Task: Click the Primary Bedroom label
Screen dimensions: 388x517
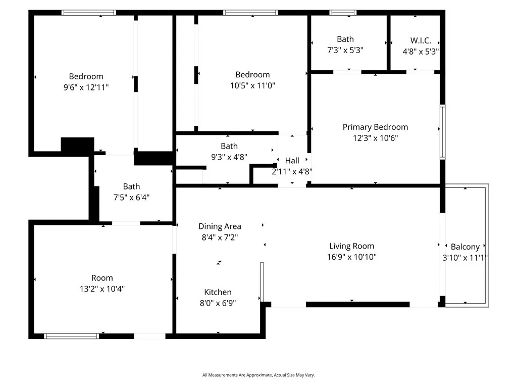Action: click(375, 127)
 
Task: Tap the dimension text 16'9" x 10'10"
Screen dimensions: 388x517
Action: click(351, 257)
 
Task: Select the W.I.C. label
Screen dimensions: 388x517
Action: click(420, 40)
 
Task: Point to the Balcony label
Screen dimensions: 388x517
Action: click(465, 247)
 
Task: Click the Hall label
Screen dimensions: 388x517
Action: click(292, 161)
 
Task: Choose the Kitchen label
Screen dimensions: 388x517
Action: click(218, 292)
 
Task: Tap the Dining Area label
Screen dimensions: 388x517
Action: click(220, 226)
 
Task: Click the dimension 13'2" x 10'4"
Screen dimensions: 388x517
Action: click(102, 289)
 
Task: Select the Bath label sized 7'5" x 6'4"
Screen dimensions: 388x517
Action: click(131, 186)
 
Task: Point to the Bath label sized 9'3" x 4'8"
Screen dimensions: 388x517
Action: click(229, 146)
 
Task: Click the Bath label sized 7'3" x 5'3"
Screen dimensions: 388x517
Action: click(345, 39)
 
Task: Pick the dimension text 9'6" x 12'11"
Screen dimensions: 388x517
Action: click(86, 87)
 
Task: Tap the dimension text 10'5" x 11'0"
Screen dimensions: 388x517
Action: click(252, 85)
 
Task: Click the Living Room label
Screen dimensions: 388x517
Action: click(351, 246)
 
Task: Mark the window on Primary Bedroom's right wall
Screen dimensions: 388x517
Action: click(442, 132)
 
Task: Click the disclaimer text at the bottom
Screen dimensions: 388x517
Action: click(258, 375)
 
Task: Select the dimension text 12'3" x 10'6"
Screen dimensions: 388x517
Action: click(375, 138)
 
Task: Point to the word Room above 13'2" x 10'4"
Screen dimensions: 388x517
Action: click(102, 278)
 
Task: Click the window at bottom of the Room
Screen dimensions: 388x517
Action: click(71, 335)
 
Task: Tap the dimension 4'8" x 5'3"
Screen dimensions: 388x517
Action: click(420, 51)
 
